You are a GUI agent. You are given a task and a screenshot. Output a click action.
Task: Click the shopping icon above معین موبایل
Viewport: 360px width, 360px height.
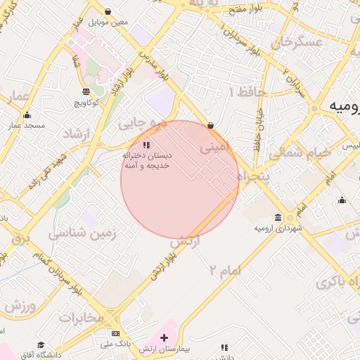click(x=108, y=11)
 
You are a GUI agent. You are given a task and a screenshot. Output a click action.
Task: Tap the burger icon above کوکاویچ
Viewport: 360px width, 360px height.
click(x=86, y=91)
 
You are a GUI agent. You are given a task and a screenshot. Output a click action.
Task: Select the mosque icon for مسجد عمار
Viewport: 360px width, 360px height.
click(x=27, y=115)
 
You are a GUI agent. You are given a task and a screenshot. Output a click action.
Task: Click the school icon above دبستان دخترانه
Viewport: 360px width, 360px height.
click(x=146, y=145)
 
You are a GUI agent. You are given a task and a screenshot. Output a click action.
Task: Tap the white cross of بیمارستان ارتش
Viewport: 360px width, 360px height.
click(x=165, y=337)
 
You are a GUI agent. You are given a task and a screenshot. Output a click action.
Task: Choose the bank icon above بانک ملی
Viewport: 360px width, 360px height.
click(x=116, y=333)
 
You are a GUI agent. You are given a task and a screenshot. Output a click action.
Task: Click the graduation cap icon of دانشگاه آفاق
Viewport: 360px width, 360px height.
click(x=41, y=345)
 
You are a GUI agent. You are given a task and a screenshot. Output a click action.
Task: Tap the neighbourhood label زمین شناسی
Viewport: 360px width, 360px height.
click(x=78, y=233)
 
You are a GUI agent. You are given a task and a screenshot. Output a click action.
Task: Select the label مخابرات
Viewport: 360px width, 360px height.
click(x=81, y=318)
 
